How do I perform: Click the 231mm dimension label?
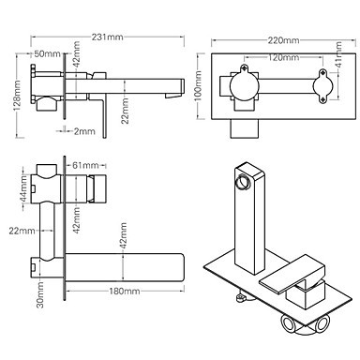point(107,37)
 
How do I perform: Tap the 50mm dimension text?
point(47,53)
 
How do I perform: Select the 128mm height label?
point(17,96)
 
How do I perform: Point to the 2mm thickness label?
point(84,131)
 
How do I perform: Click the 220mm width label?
point(283,40)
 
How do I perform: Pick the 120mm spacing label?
point(283,57)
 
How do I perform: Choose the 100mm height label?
point(198,85)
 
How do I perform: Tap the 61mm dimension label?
point(85,165)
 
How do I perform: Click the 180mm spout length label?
point(125,292)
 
